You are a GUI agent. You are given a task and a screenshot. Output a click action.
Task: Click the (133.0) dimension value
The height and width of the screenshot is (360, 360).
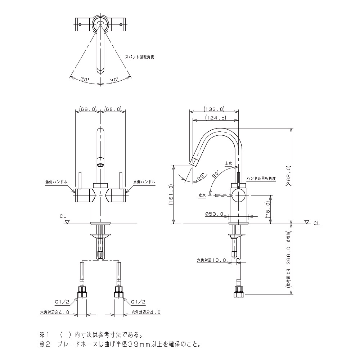pos(214,109)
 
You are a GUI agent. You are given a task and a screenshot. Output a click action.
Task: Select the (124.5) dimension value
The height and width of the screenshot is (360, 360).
pos(215,118)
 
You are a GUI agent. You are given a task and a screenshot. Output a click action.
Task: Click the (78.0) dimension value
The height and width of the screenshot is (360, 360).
pos(268,210)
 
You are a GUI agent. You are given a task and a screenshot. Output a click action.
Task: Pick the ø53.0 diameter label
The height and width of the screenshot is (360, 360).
pos(214,214)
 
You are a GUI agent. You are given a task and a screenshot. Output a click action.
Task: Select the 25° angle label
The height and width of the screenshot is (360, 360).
pos(201,176)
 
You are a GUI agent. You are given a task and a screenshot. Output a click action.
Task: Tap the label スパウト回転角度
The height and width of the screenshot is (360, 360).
pos(139,57)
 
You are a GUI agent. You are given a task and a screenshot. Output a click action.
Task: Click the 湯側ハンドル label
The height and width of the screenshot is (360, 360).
pos(56,182)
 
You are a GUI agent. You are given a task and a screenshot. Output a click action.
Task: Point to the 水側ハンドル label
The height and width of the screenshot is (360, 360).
pos(144,182)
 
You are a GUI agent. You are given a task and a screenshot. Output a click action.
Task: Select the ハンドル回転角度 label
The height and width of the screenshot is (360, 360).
pos(261,179)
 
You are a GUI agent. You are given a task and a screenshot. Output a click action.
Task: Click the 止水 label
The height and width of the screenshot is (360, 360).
pos(229,163)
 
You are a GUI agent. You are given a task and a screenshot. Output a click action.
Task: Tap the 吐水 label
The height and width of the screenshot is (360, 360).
pos(202,195)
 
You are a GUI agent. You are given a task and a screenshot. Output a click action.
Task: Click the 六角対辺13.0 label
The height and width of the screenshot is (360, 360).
pos(211,260)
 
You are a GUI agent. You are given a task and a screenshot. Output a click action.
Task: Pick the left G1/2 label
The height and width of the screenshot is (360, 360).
pos(62,302)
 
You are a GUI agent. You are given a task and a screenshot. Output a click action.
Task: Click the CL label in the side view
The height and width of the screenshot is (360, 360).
pos(316,224)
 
